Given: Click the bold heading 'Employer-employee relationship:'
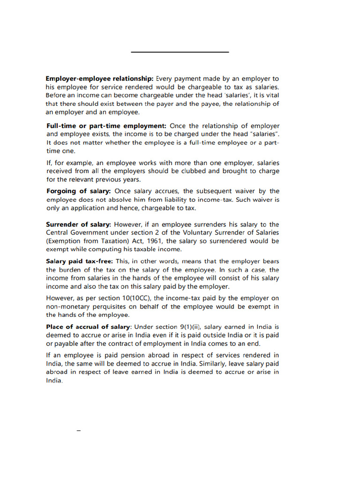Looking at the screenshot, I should pos(99,78).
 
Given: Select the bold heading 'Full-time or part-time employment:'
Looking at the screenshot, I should pos(106,126).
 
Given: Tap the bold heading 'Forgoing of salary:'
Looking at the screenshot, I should pos(79,191).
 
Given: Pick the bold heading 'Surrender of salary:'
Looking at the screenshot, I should pos(79,224).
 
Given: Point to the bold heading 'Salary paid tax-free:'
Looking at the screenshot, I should pos(79,261).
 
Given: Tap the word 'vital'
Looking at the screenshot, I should pos(272,95).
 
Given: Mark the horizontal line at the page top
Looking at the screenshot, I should pos(180,52).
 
